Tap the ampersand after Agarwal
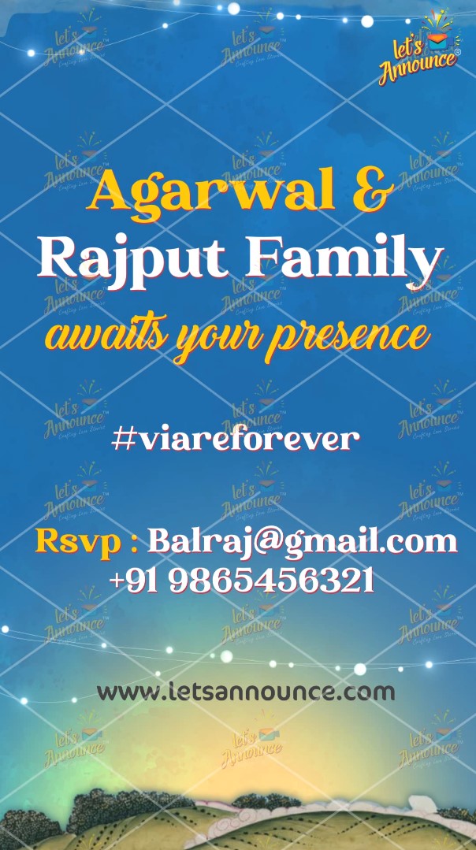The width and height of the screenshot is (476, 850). [x=373, y=190]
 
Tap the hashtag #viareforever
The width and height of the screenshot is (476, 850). [x=236, y=439]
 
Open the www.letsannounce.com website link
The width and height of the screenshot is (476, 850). [x=246, y=692]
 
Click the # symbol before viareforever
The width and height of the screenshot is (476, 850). [x=123, y=439]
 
